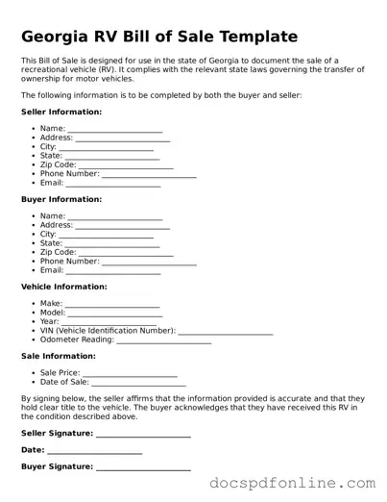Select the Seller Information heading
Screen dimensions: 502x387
pos(61,112)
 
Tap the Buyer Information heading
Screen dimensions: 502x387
pos(60,199)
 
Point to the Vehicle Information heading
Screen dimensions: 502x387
pos(64,287)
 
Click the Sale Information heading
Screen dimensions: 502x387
pos(58,356)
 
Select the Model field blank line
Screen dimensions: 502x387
pos(115,314)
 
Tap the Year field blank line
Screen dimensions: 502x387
pos(110,322)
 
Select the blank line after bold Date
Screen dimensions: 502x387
pos(94,451)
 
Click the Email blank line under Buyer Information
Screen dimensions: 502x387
pos(113,271)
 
